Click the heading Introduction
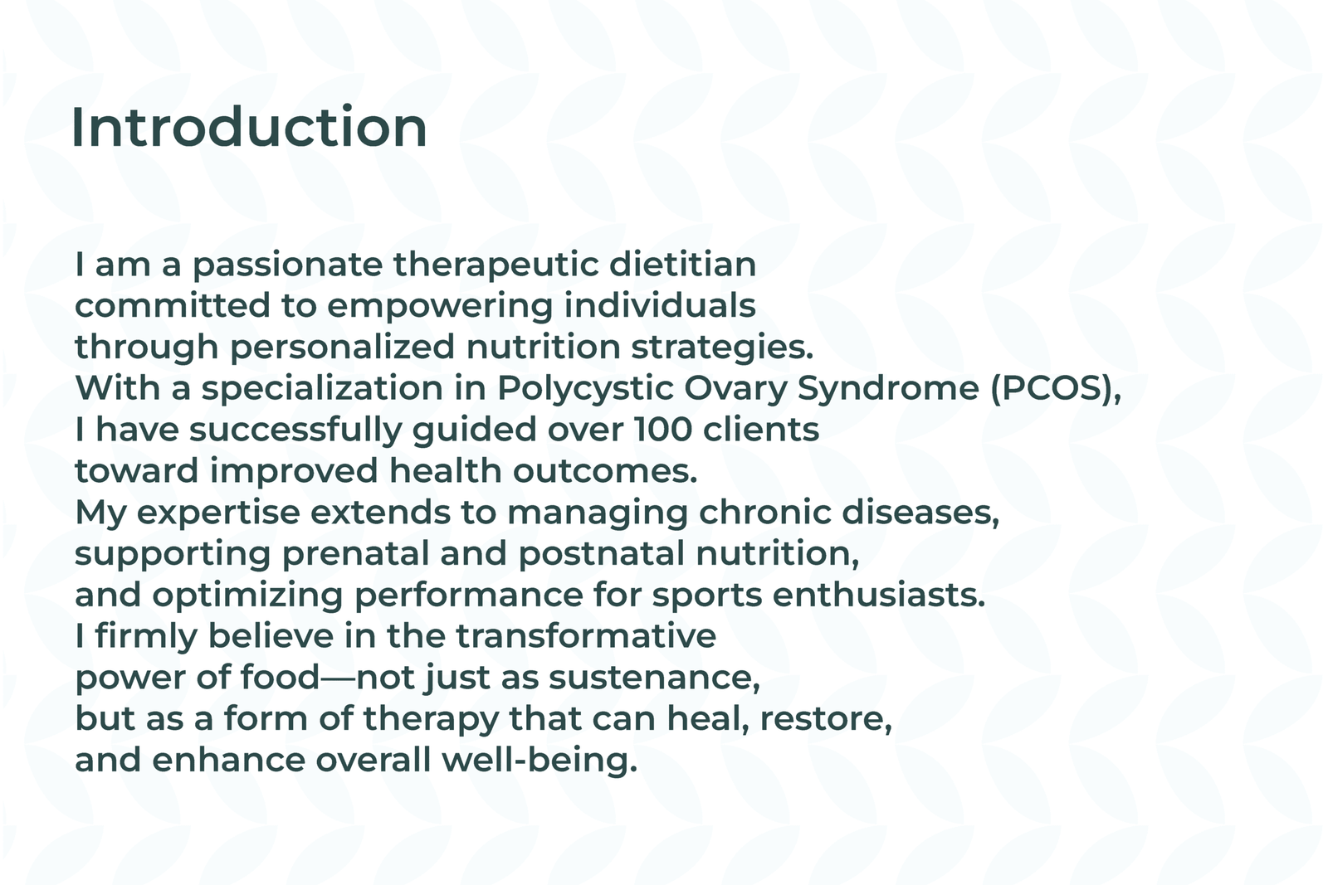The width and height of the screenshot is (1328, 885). pos(249,128)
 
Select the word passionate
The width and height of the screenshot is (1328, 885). pos(287,265)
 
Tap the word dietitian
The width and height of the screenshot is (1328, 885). pos(683,265)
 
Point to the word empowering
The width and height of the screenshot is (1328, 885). pos(439,307)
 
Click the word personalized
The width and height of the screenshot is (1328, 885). pos(342,348)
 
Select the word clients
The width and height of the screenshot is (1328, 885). pos(760,430)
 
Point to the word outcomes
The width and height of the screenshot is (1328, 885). pos(605,471)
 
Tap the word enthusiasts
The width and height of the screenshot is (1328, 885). pos(878,596)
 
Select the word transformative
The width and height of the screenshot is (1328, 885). pos(586,637)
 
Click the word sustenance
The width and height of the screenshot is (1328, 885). pos(654,678)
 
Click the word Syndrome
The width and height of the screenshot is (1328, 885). pos(887,389)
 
